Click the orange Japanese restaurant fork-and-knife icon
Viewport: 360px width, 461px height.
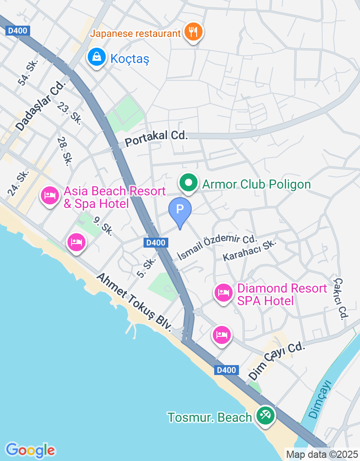[193, 32]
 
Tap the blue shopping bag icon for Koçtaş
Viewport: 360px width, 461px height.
[97, 57]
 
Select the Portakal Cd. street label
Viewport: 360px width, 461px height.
[156, 138]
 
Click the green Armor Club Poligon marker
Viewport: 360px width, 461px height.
[189, 183]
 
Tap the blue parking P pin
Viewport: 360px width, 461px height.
[180, 210]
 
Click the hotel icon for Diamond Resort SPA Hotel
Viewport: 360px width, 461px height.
[224, 293]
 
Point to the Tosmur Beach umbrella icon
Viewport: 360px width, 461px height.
[265, 415]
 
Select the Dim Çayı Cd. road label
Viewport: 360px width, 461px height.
[277, 360]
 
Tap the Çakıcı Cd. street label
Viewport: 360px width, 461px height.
[340, 298]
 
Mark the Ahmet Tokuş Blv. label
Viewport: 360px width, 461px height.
[134, 302]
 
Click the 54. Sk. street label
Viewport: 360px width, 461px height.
[27, 72]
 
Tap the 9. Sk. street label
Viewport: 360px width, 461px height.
[103, 225]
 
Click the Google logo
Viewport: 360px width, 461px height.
[30, 450]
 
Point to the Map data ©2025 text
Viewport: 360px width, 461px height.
[322, 454]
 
